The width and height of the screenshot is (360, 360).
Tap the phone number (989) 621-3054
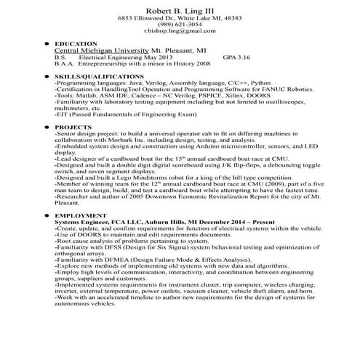click(x=180, y=24)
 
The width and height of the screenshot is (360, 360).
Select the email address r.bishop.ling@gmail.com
click(x=180, y=31)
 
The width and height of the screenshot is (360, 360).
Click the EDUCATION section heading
click(x=76, y=44)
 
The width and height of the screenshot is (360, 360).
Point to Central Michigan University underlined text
click(x=96, y=51)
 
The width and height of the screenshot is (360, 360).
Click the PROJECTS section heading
click(x=73, y=127)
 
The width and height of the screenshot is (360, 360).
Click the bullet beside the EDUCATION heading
click(x=47, y=44)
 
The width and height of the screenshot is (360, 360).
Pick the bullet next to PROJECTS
click(x=47, y=127)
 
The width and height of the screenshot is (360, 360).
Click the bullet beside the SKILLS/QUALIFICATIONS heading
click(x=47, y=76)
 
